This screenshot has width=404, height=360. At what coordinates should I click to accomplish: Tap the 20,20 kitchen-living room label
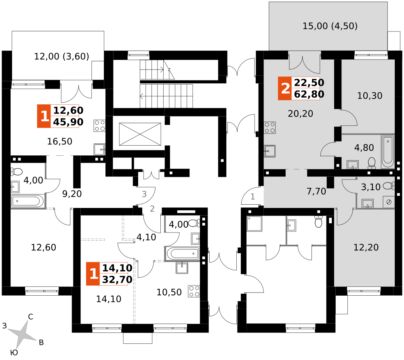click(300, 114)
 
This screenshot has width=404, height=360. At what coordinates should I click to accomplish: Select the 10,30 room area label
click(369, 96)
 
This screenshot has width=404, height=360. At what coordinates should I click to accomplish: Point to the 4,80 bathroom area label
click(364, 148)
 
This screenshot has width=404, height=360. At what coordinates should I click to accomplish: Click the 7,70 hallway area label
click(316, 191)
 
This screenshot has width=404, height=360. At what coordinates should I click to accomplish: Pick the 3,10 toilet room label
click(370, 187)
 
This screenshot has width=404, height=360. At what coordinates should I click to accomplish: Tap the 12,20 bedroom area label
click(366, 247)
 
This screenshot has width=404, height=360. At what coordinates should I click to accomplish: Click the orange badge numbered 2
click(285, 88)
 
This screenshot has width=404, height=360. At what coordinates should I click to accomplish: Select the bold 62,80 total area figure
click(309, 95)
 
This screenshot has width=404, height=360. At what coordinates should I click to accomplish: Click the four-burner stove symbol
click(270, 127)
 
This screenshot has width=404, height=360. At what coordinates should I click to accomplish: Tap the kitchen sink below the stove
click(270, 151)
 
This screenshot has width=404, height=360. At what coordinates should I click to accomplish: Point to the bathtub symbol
click(387, 151)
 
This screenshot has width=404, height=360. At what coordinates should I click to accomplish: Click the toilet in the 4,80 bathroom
click(371, 163)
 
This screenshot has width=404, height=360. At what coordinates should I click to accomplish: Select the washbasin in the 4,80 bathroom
click(353, 165)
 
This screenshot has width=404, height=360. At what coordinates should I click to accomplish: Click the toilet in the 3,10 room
click(388, 186)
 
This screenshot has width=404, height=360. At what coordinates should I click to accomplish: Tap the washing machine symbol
click(389, 202)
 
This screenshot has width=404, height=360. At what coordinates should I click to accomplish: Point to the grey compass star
click(22, 334)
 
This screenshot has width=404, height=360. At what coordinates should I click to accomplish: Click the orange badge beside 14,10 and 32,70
click(93, 274)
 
